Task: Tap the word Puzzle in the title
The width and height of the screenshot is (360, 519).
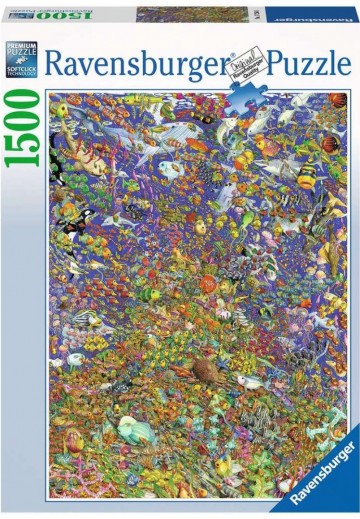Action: click(306, 67)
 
